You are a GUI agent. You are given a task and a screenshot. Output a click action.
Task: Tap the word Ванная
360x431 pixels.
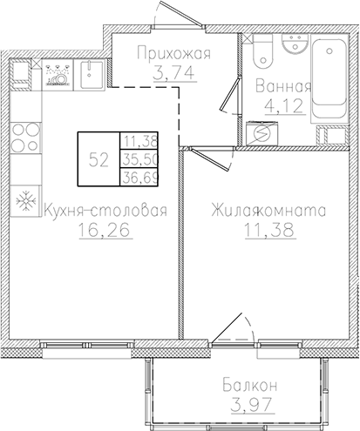284,86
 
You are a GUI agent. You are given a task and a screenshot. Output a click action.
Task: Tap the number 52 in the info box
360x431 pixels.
98,159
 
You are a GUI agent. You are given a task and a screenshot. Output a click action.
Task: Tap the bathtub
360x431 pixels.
329,74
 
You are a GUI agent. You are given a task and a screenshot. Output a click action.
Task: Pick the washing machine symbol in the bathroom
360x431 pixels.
259,132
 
